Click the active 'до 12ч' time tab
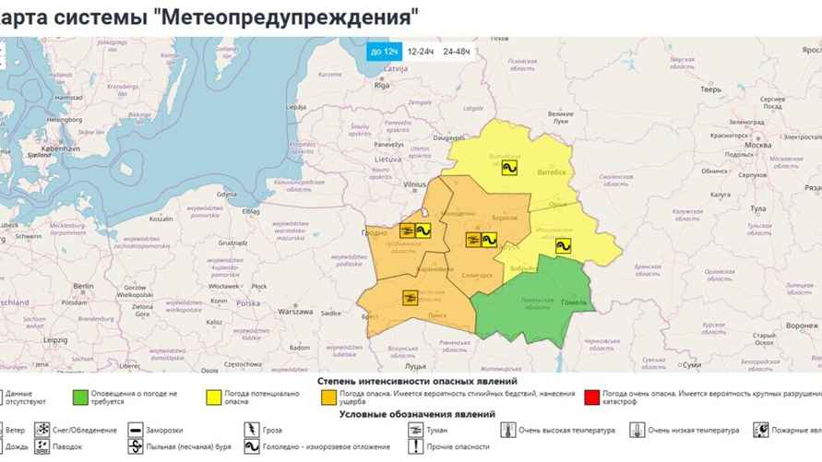[x=383, y=52]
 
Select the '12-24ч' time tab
[x=421, y=52]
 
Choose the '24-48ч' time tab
[x=456, y=52]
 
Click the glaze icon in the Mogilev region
[x=562, y=245]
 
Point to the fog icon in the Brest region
[x=410, y=297]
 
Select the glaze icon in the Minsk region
[x=488, y=239]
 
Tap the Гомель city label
[x=574, y=303]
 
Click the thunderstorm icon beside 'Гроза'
[x=250, y=431]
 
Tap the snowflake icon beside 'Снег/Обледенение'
[x=42, y=431]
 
